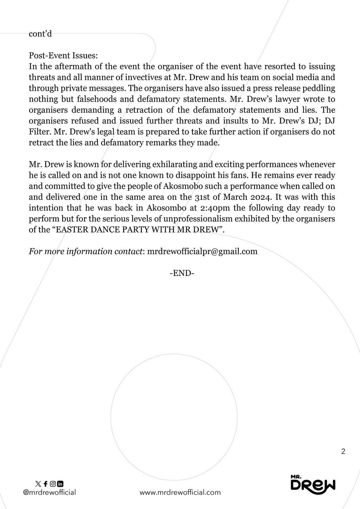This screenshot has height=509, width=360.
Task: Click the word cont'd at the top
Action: pos(40,34)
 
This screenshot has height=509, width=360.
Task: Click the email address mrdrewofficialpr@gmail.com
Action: pos(202,251)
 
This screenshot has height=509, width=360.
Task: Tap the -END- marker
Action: pos(182,273)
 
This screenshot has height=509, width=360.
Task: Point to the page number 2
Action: pos(343,452)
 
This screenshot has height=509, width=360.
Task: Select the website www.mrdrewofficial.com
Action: pos(180,492)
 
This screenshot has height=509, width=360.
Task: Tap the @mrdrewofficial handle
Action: pos(49,492)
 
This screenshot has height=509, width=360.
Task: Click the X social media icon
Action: pos(38,484)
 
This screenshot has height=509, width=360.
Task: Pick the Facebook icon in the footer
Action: pos(45,484)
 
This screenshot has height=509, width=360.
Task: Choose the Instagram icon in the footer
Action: pos(53,484)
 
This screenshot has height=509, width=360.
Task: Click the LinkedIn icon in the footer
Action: pos(60,484)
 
